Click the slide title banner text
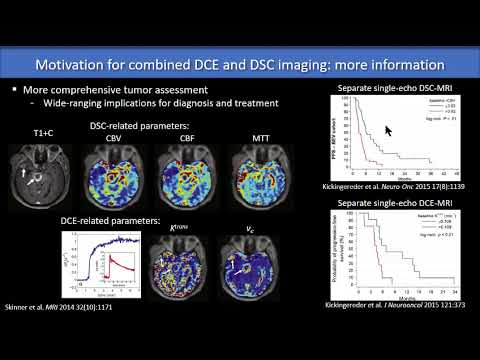[240, 67]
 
